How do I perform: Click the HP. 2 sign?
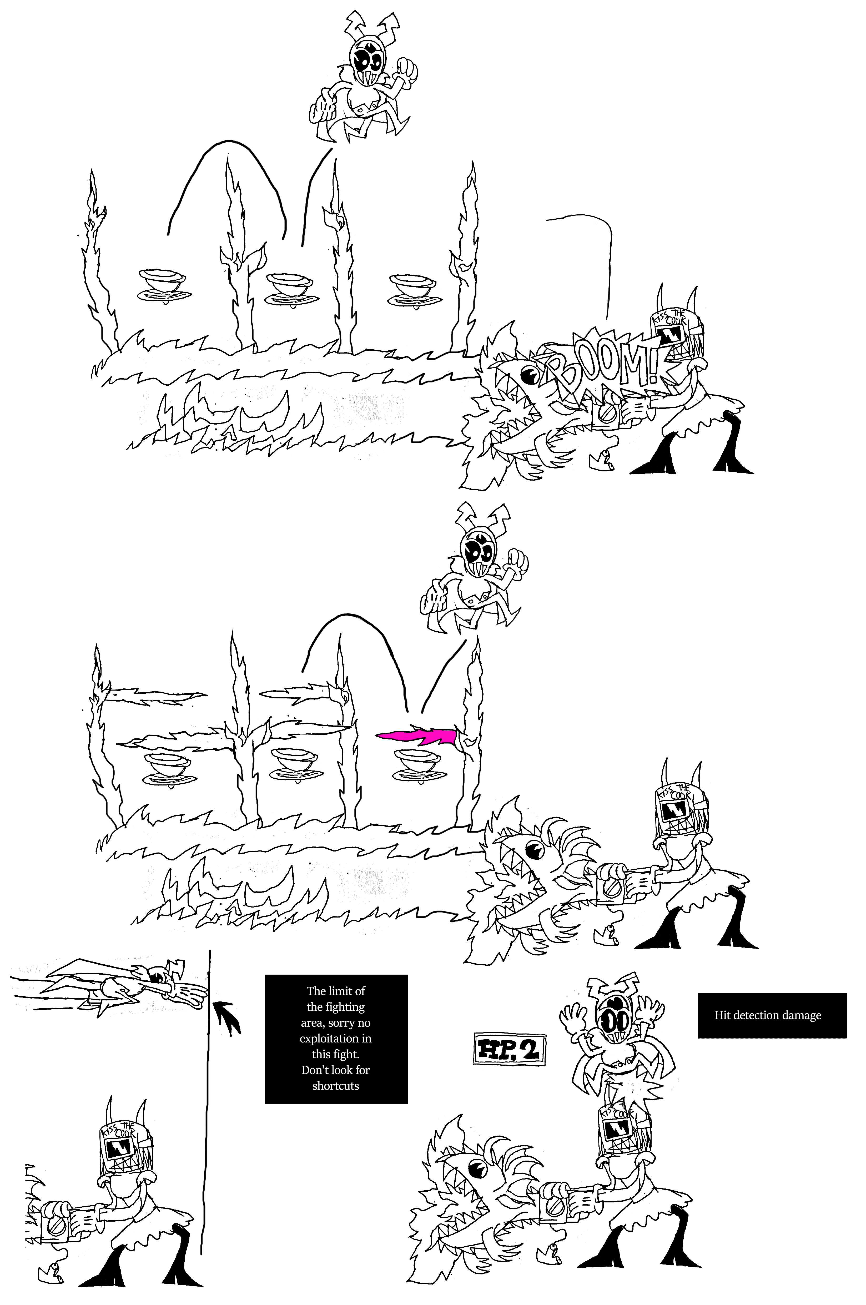[x=509, y=1049]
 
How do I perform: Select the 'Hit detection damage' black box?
[x=772, y=1015]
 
